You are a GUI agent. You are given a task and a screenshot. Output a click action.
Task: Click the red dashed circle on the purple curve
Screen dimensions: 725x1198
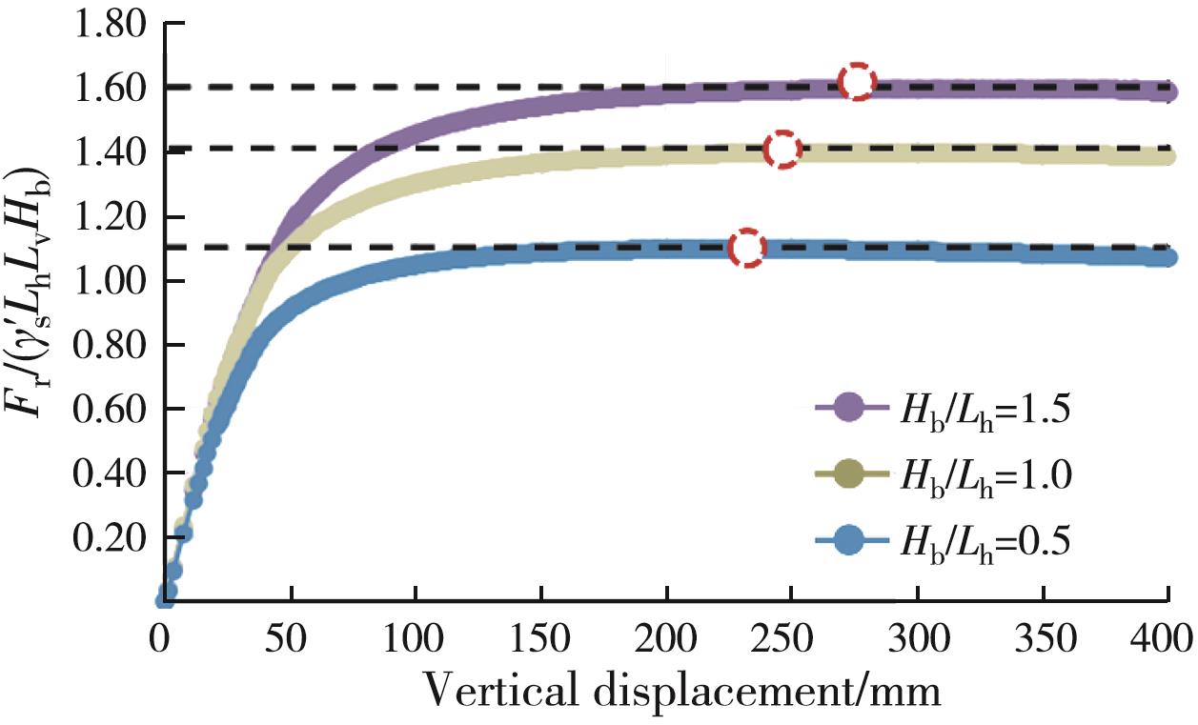pos(857,82)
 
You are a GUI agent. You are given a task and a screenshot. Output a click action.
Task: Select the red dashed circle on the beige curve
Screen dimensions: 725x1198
pos(782,150)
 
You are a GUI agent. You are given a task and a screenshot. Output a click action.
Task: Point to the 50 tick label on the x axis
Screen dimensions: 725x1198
pos(291,635)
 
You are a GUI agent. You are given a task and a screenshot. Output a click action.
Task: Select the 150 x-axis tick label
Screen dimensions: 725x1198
pos(541,635)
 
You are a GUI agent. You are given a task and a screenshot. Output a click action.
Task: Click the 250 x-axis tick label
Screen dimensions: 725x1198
pos(792,635)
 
